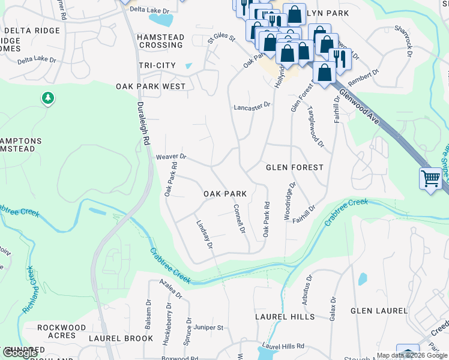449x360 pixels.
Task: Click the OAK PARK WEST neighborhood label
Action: click(151, 86)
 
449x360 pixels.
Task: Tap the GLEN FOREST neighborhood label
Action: click(295, 167)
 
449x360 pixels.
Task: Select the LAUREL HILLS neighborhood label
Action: click(285, 316)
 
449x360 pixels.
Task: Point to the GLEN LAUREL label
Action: click(379, 311)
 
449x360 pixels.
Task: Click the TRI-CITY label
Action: click(157, 65)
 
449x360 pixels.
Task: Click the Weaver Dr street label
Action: click(171, 157)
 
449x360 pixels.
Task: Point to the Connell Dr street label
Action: click(239, 219)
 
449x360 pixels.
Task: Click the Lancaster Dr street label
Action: click(252, 106)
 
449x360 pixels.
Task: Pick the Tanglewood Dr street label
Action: click(316, 128)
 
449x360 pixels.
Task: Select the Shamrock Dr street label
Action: click(403, 42)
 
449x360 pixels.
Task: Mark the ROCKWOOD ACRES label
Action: click(61, 332)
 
